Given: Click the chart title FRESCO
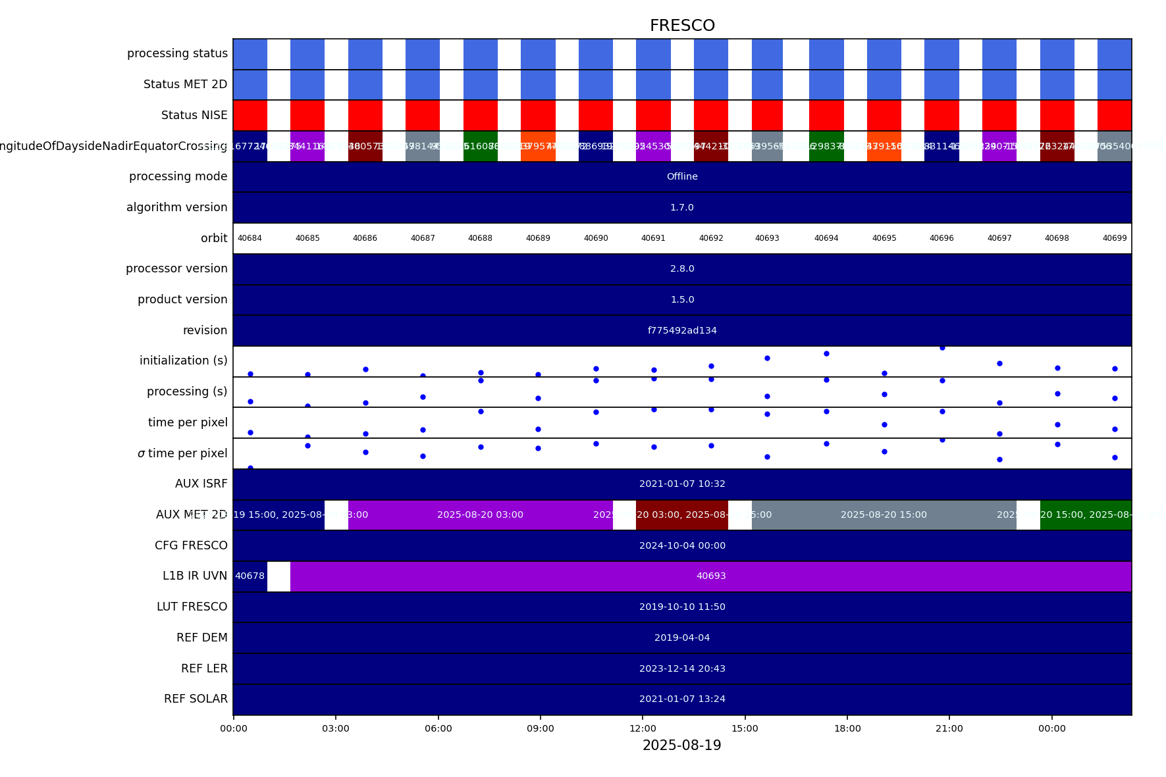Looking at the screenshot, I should [x=682, y=26].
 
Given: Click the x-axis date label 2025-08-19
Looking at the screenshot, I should [x=682, y=745].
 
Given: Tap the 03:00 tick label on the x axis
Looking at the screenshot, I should [x=336, y=728].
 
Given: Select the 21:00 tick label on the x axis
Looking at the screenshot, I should [x=949, y=728].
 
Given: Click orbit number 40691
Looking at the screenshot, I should [x=653, y=238].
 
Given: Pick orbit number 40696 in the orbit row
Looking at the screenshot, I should [x=941, y=238].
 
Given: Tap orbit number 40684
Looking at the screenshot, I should [x=250, y=238].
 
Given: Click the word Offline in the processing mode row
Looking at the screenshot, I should [x=682, y=176].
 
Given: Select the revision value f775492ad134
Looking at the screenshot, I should [x=682, y=330].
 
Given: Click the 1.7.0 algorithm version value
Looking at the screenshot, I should [x=682, y=207].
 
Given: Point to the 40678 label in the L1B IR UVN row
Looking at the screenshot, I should [x=250, y=576].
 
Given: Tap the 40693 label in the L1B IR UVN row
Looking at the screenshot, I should [x=711, y=576].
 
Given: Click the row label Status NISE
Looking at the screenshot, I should [x=194, y=115].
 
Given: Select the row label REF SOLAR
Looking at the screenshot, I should [x=196, y=699].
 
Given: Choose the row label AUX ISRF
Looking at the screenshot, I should [x=201, y=484].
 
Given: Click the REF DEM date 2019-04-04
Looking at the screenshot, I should [x=682, y=638].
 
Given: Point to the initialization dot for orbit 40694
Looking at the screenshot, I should [x=826, y=353].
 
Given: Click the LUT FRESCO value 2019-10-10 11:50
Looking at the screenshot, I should [x=682, y=607].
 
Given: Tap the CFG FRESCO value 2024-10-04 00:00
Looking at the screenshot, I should [x=682, y=545].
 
